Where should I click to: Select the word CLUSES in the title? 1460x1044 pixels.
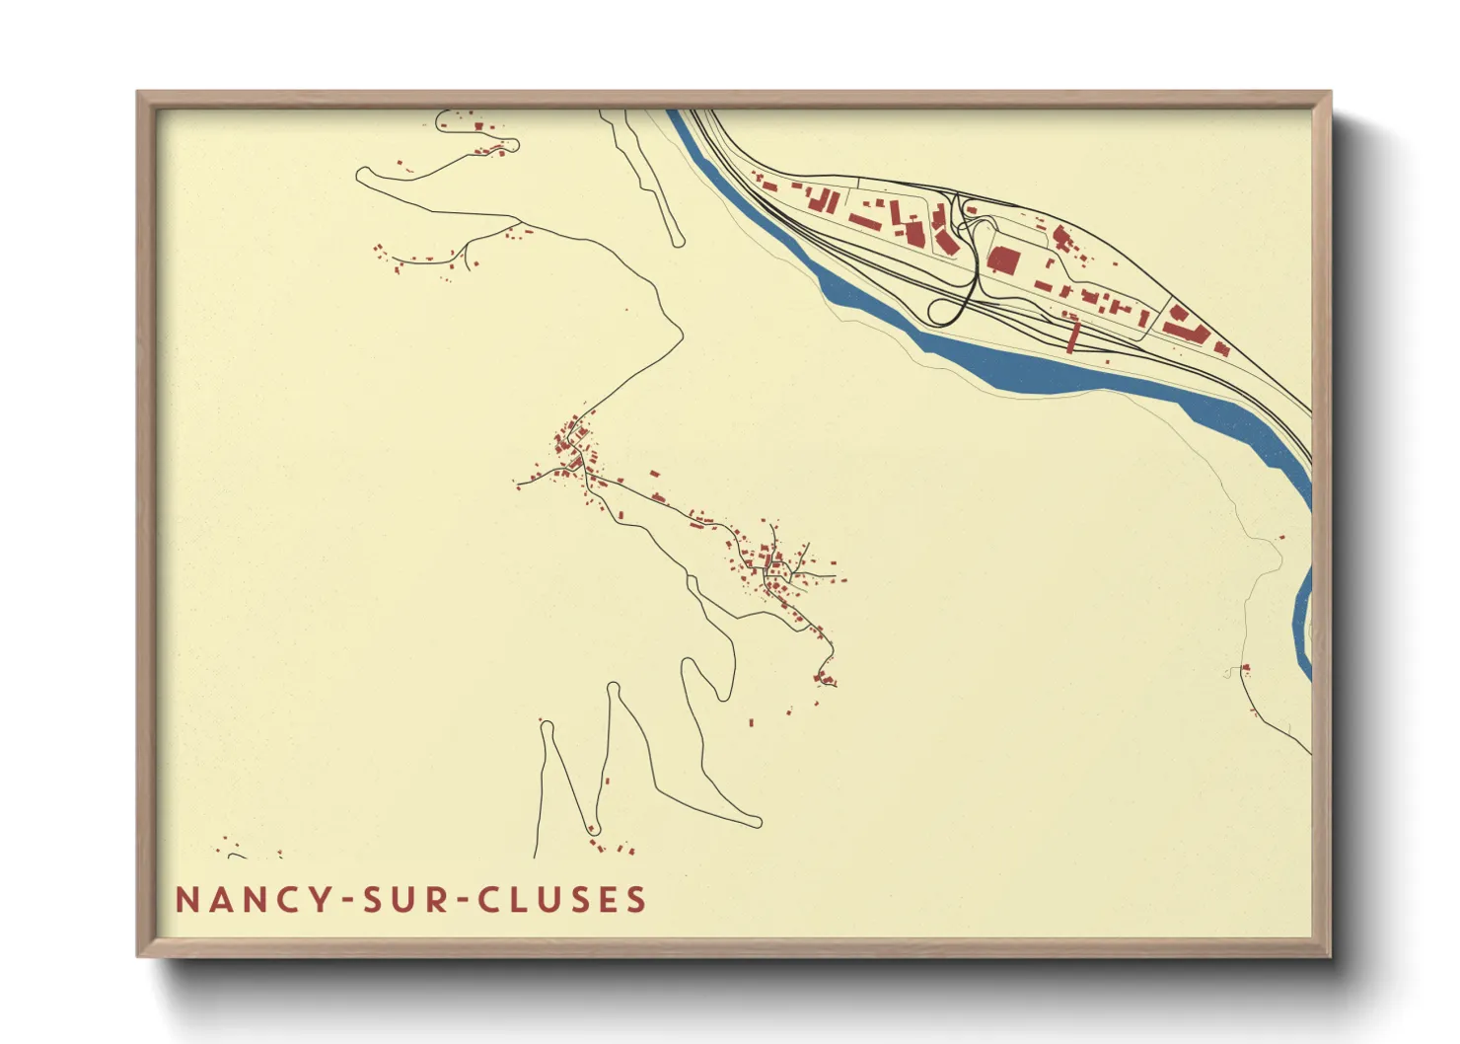click(562, 900)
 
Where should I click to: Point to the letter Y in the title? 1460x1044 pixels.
click(324, 900)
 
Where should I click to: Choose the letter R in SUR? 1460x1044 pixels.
click(434, 900)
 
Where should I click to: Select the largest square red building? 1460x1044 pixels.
click(1003, 261)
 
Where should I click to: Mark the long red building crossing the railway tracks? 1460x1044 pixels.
click(1073, 336)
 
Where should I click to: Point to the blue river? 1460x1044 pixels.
click(1036, 370)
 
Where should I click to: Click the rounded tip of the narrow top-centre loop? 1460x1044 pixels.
click(677, 241)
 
